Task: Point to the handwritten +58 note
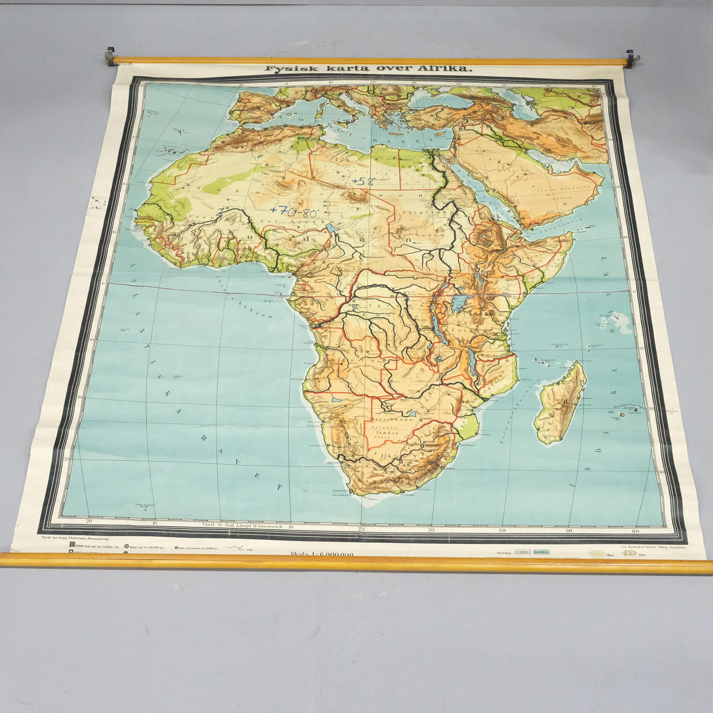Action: (x=363, y=180)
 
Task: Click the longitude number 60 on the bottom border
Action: (x=635, y=531)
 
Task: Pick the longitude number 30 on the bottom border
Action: (x=431, y=529)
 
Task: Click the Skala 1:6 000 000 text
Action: (x=322, y=553)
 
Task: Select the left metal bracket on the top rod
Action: (x=109, y=56)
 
